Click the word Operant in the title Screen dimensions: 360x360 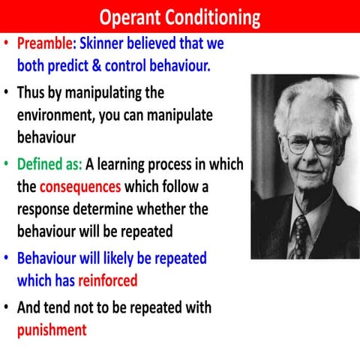pos(132,16)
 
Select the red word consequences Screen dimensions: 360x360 pos(80,186)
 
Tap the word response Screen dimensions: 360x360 pos(47,208)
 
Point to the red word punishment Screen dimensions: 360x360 pos(52,328)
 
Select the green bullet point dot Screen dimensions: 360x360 pos(7,164)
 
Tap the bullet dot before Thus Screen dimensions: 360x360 pos(7,94)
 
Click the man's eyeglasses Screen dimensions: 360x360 pos(310,142)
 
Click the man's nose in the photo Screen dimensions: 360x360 pos(309,154)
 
